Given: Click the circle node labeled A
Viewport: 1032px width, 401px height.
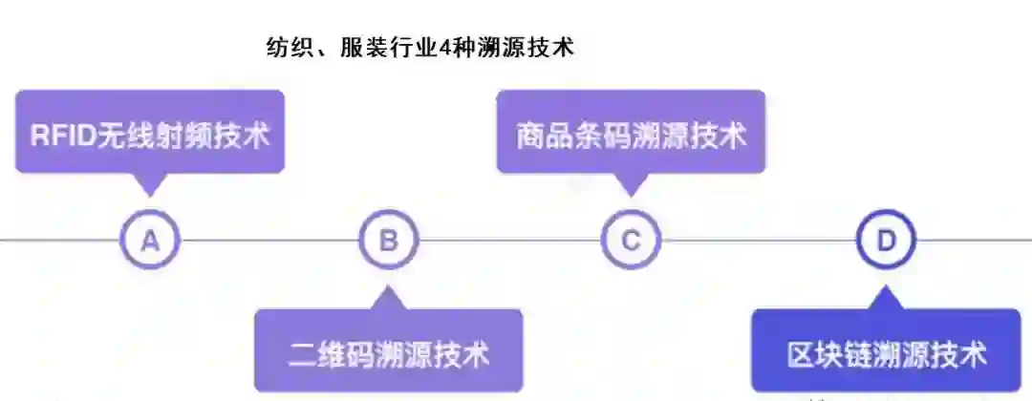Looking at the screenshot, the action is [x=150, y=240].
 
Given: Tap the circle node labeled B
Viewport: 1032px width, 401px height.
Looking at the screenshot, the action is [x=388, y=240].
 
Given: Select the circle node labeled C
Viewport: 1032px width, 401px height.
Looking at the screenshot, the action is [x=631, y=240].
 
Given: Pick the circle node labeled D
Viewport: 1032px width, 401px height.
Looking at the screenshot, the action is [x=886, y=240].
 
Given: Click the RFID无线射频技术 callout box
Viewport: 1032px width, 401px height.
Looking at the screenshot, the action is [x=150, y=133].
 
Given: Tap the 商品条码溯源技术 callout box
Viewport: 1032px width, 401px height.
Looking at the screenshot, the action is [x=631, y=133].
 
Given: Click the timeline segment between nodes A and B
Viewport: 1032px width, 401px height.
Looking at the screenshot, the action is [x=269, y=240].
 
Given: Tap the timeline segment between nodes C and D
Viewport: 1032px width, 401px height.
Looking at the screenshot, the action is [x=758, y=240].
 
